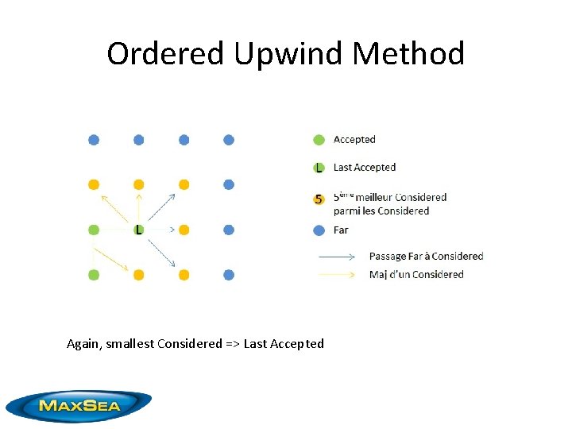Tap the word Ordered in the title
[x=166, y=54]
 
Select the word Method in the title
[x=409, y=54]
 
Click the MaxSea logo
[x=78, y=405]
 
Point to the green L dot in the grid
[x=139, y=230]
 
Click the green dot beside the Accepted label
[x=319, y=140]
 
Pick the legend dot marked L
[x=319, y=168]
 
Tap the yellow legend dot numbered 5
[x=319, y=199]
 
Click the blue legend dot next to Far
[x=319, y=230]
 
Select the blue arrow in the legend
[x=336, y=257]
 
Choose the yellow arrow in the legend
[x=336, y=275]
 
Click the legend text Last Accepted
[x=365, y=168]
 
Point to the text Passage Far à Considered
[x=426, y=257]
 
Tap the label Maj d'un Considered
[x=416, y=275]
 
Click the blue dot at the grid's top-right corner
[x=229, y=140]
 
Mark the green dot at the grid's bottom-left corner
[x=94, y=275]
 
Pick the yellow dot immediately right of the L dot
[x=184, y=230]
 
